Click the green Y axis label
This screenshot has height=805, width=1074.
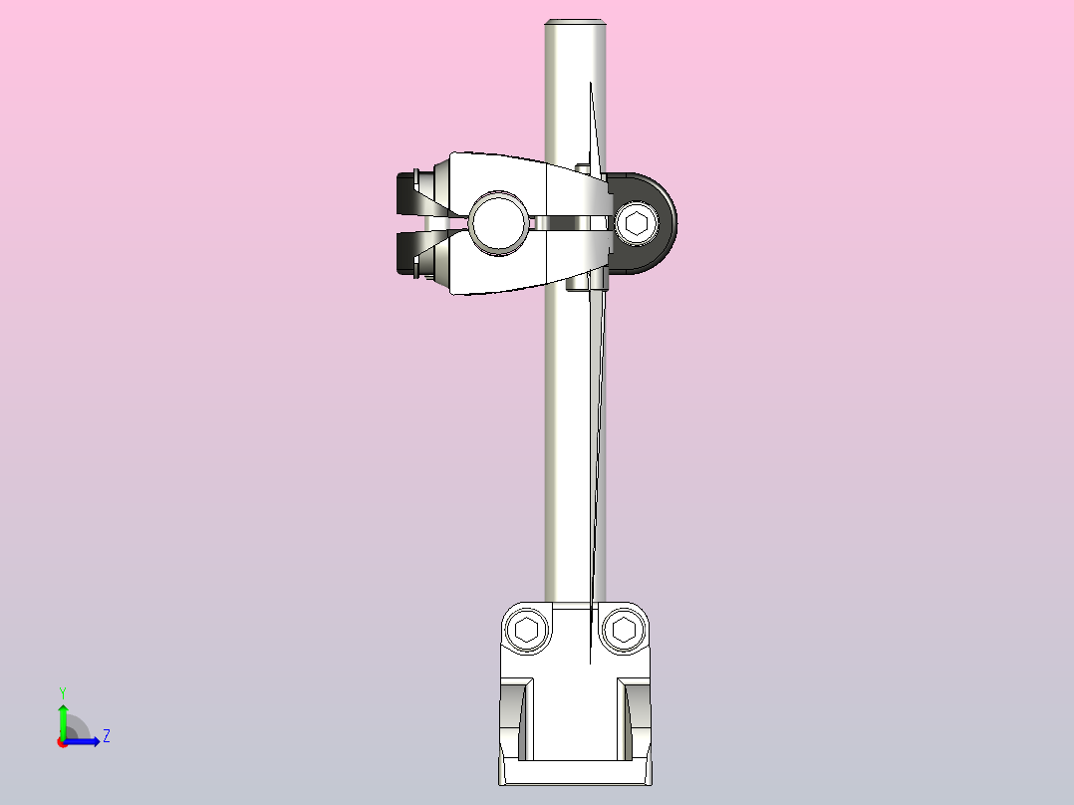pyautogui.click(x=62, y=691)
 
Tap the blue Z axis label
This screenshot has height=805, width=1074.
pyautogui.click(x=106, y=736)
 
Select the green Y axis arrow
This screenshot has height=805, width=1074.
pyautogui.click(x=62, y=717)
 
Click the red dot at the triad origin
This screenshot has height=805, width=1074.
pyautogui.click(x=62, y=742)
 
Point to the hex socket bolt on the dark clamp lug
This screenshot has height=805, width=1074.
pyautogui.click(x=637, y=223)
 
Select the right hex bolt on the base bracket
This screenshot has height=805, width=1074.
pyautogui.click(x=624, y=630)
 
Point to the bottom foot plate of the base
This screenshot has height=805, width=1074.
pyautogui.click(x=576, y=772)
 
